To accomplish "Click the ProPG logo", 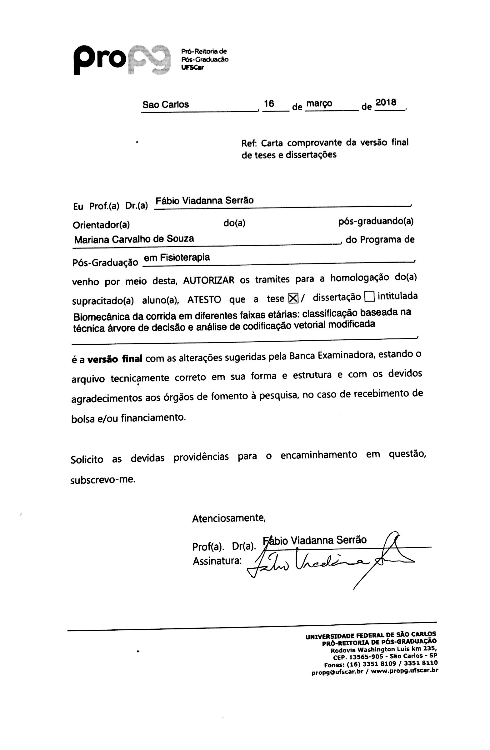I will click(121, 60).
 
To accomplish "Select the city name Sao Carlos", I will click(165, 105).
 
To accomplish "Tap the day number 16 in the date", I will click(269, 104).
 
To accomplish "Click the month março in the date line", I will click(319, 103).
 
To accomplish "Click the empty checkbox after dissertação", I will click(369, 297).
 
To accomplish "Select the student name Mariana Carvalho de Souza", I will click(134, 239).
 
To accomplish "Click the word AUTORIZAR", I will click(209, 280).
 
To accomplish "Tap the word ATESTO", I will click(204, 299).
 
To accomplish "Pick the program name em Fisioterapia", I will click(177, 257).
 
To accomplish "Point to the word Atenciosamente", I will click(229, 518).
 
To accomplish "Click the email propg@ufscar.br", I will click(337, 672).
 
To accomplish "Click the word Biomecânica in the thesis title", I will click(100, 316).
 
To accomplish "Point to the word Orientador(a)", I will click(101, 225).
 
